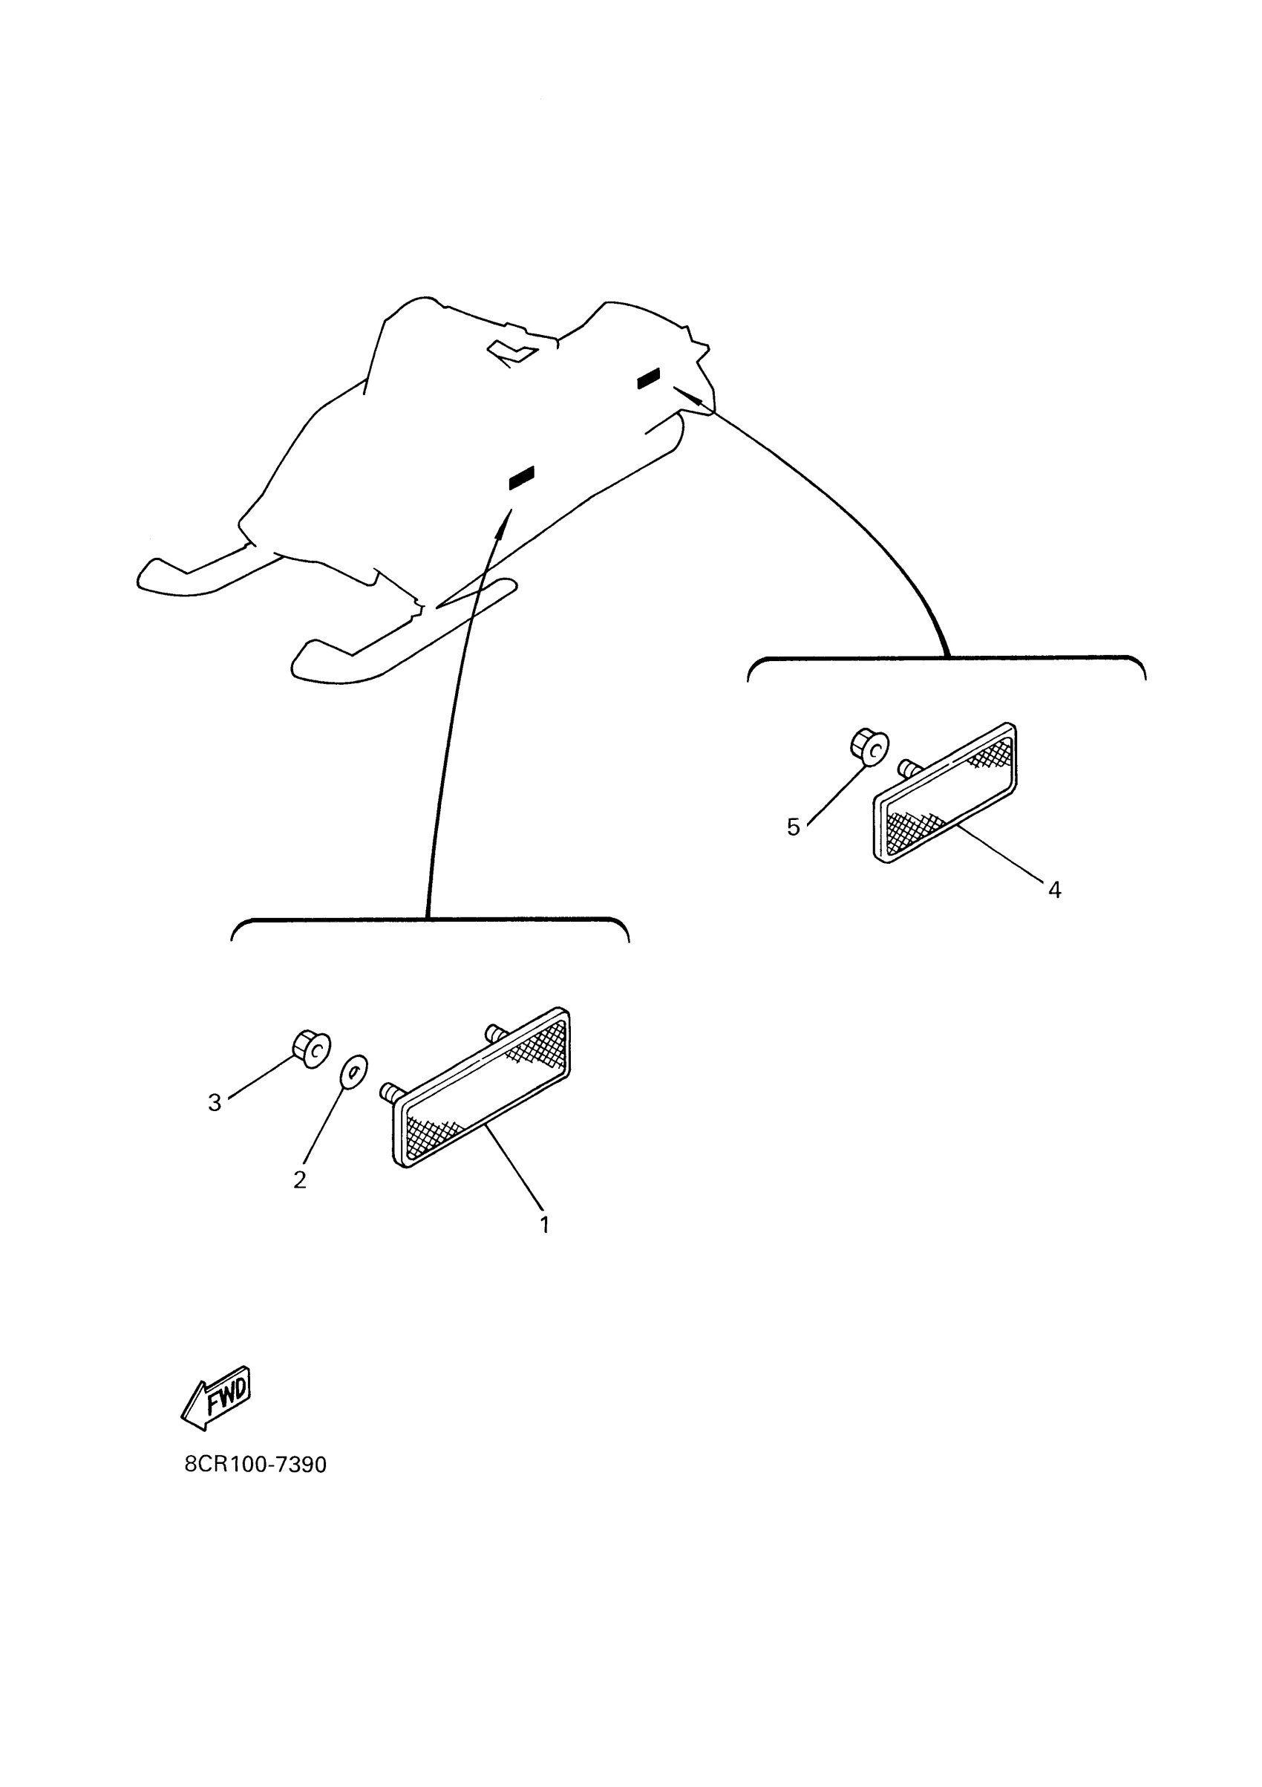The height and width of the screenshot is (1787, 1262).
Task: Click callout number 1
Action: coord(545,1224)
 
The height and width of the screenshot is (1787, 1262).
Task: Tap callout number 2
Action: coord(300,1180)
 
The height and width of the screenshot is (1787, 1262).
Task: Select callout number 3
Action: coord(215,1102)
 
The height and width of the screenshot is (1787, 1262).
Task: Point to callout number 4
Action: coord(1054,890)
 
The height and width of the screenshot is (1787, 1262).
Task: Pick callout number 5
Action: coord(793,827)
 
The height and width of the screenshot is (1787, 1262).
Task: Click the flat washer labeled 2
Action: coord(354,1073)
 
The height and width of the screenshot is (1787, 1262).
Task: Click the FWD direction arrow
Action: coord(216,1398)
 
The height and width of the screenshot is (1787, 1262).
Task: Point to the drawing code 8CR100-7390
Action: coord(255,1465)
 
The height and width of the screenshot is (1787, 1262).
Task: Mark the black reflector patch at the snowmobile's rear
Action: coord(648,378)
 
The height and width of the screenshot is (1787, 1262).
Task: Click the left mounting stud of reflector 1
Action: coord(389,1092)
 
